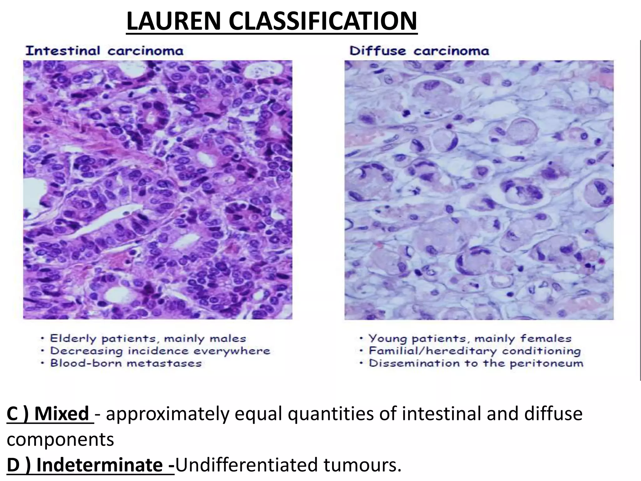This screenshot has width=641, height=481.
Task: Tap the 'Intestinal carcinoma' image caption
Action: pyautogui.click(x=104, y=51)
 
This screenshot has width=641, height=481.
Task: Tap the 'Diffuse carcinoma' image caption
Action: pyautogui.click(x=419, y=51)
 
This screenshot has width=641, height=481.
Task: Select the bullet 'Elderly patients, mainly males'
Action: pyautogui.click(x=148, y=339)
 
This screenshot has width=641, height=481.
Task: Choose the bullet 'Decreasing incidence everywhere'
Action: pyautogui.click(x=160, y=351)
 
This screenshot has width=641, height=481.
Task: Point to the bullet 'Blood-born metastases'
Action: pyautogui.click(x=126, y=363)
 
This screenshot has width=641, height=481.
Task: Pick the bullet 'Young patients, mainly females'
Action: pyautogui.click(x=469, y=339)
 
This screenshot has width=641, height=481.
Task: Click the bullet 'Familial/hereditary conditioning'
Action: pyautogui.click(x=474, y=351)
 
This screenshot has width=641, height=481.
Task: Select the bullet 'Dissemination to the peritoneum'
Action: pyautogui.click(x=476, y=363)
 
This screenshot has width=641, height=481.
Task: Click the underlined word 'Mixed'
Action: pyautogui.click(x=62, y=414)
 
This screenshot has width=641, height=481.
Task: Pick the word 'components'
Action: pyautogui.click(x=60, y=439)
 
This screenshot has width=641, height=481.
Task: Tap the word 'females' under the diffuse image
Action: pyautogui.click(x=546, y=339)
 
